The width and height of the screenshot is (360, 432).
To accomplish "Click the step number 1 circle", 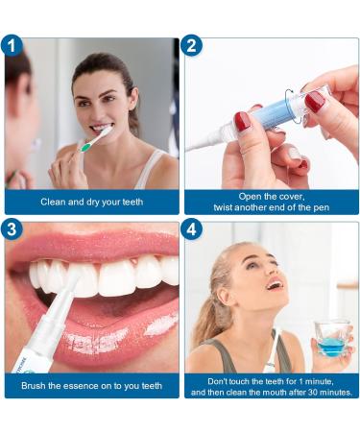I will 13,45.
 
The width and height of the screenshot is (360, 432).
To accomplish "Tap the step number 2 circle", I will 192,45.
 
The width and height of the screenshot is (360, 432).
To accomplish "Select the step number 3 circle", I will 13,229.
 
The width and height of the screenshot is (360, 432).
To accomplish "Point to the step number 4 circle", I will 192,229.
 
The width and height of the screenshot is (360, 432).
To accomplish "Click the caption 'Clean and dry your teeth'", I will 93,203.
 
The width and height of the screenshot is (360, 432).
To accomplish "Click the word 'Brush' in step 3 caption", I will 37,386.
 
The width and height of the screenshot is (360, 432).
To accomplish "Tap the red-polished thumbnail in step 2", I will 242,122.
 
